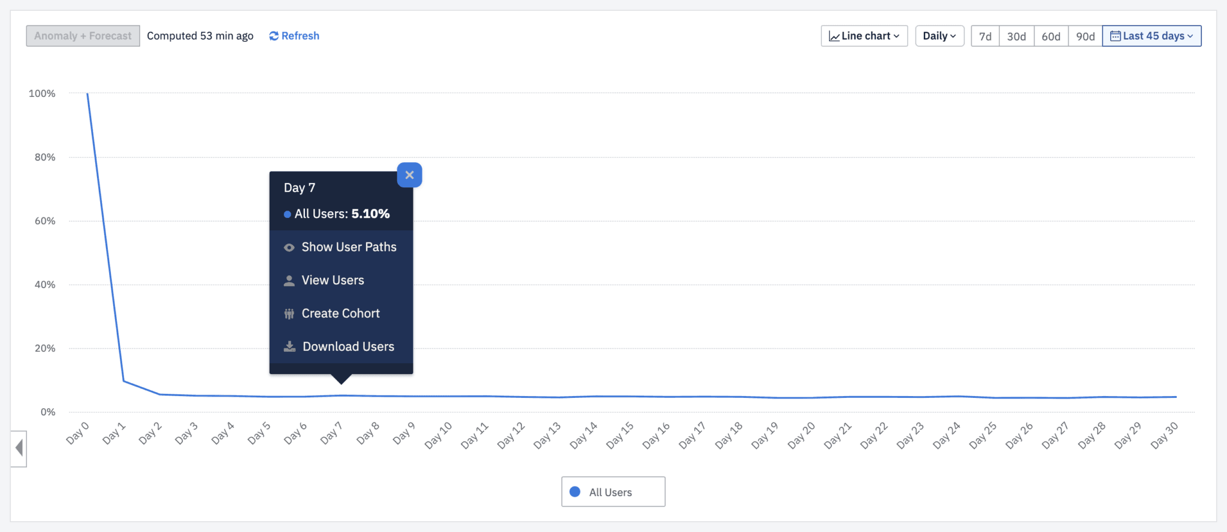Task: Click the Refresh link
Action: pos(294,36)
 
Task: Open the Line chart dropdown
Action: pos(864,36)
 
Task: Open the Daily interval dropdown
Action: pos(939,36)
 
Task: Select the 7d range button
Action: pos(985,37)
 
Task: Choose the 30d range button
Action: pos(1016,37)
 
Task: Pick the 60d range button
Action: pos(1051,37)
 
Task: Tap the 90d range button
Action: pos(1085,37)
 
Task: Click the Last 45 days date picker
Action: pos(1152,36)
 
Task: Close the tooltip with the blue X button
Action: pos(410,175)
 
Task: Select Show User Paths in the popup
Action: pos(348,247)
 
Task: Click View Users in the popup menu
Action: pos(333,280)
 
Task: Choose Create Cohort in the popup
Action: pos(340,314)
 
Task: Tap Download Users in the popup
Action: pos(348,346)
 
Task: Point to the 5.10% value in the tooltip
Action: pos(370,214)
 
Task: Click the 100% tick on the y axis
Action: pos(42,93)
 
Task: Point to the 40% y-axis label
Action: pos(45,284)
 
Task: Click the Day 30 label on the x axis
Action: pos(1164,435)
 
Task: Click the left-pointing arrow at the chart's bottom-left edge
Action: pos(19,448)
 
